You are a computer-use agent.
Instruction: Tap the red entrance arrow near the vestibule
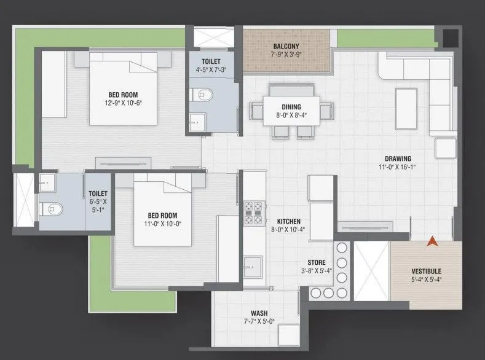433,243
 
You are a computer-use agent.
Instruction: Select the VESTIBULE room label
426,271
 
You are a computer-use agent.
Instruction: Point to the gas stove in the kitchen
253,213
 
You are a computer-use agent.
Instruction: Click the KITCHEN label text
288,221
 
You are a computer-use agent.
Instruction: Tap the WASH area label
259,313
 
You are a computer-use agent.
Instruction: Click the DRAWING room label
395,157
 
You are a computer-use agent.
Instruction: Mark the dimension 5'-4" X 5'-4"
426,280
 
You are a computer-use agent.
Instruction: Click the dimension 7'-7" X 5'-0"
259,321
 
